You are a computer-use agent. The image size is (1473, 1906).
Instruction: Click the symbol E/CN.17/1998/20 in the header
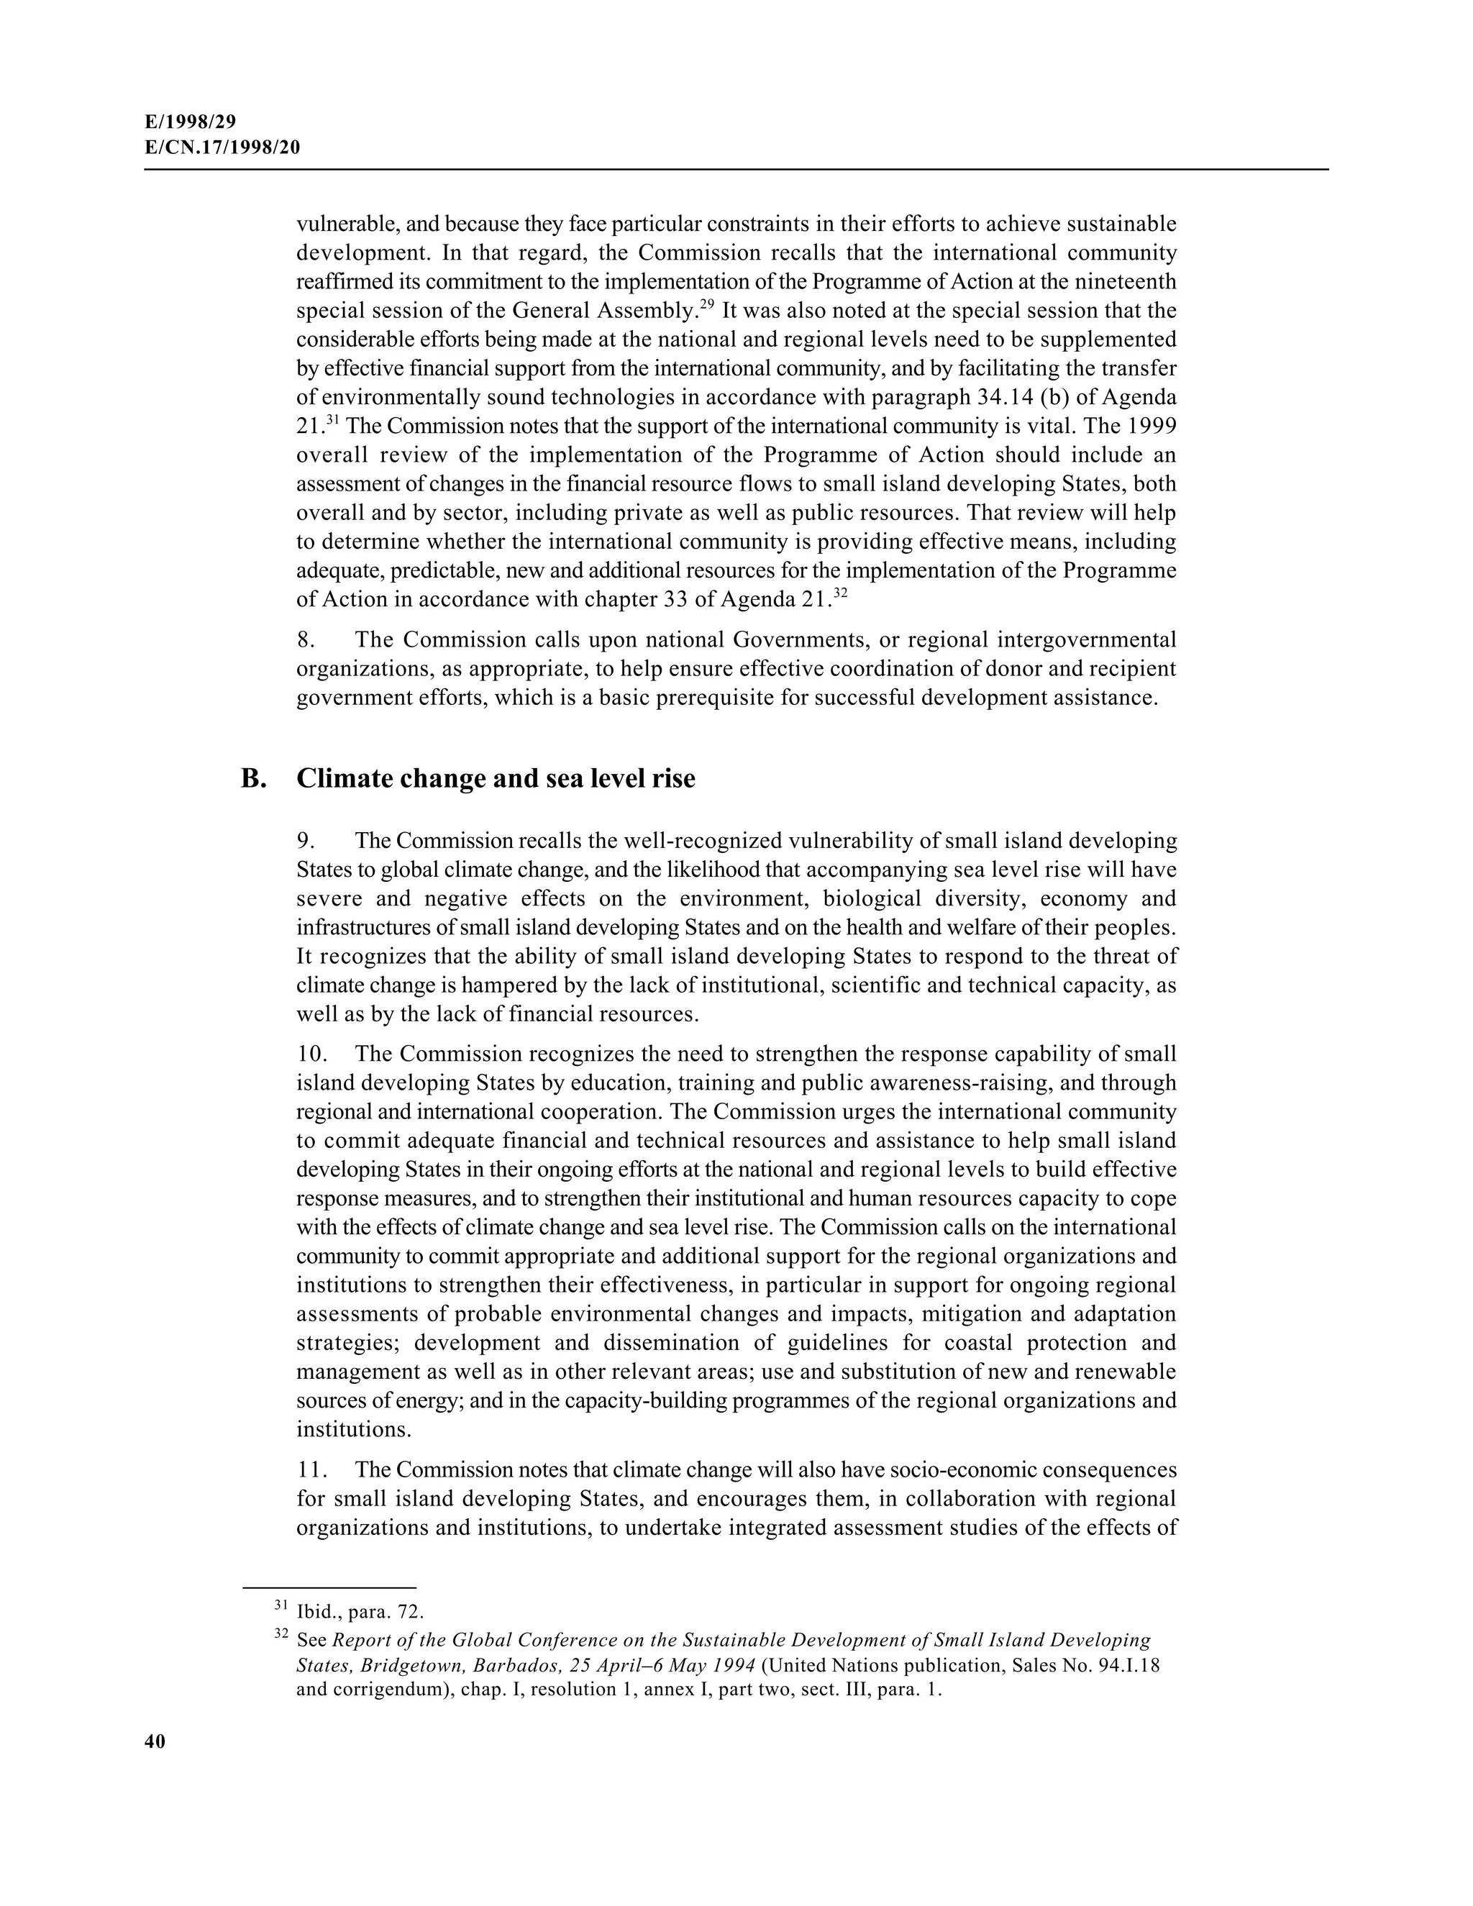222,147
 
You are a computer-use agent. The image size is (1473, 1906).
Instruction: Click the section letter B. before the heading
253,778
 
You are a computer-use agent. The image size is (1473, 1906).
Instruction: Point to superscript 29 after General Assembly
707,306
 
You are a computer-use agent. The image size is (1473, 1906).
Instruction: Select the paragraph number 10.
311,1054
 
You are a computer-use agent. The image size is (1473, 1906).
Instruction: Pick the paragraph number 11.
311,1469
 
